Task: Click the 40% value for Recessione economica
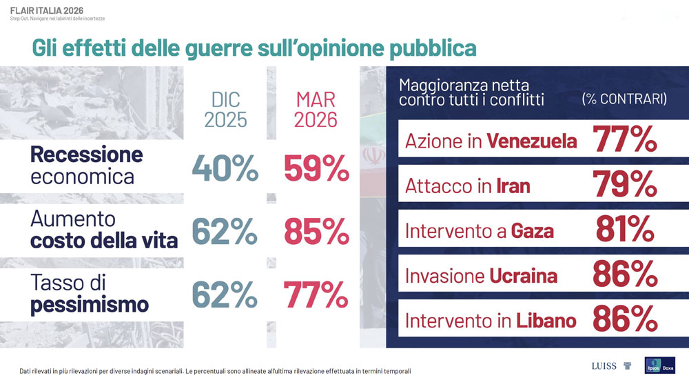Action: click(x=225, y=169)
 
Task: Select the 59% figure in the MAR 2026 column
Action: click(x=316, y=169)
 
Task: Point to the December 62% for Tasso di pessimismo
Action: click(x=225, y=295)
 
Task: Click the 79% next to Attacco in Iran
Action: click(x=625, y=185)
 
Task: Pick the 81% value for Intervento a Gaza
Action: click(x=625, y=230)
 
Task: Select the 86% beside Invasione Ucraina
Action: click(x=625, y=275)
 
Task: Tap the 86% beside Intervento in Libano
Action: click(x=625, y=320)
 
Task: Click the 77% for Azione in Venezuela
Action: click(x=625, y=140)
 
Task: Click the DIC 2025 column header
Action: click(x=225, y=109)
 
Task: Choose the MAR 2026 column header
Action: click(x=316, y=109)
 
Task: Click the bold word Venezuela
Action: click(x=531, y=141)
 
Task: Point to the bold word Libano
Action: click(x=546, y=321)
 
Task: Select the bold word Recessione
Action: click(x=86, y=154)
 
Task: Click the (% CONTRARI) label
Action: click(x=624, y=99)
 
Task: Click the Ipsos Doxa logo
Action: click(x=660, y=365)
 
